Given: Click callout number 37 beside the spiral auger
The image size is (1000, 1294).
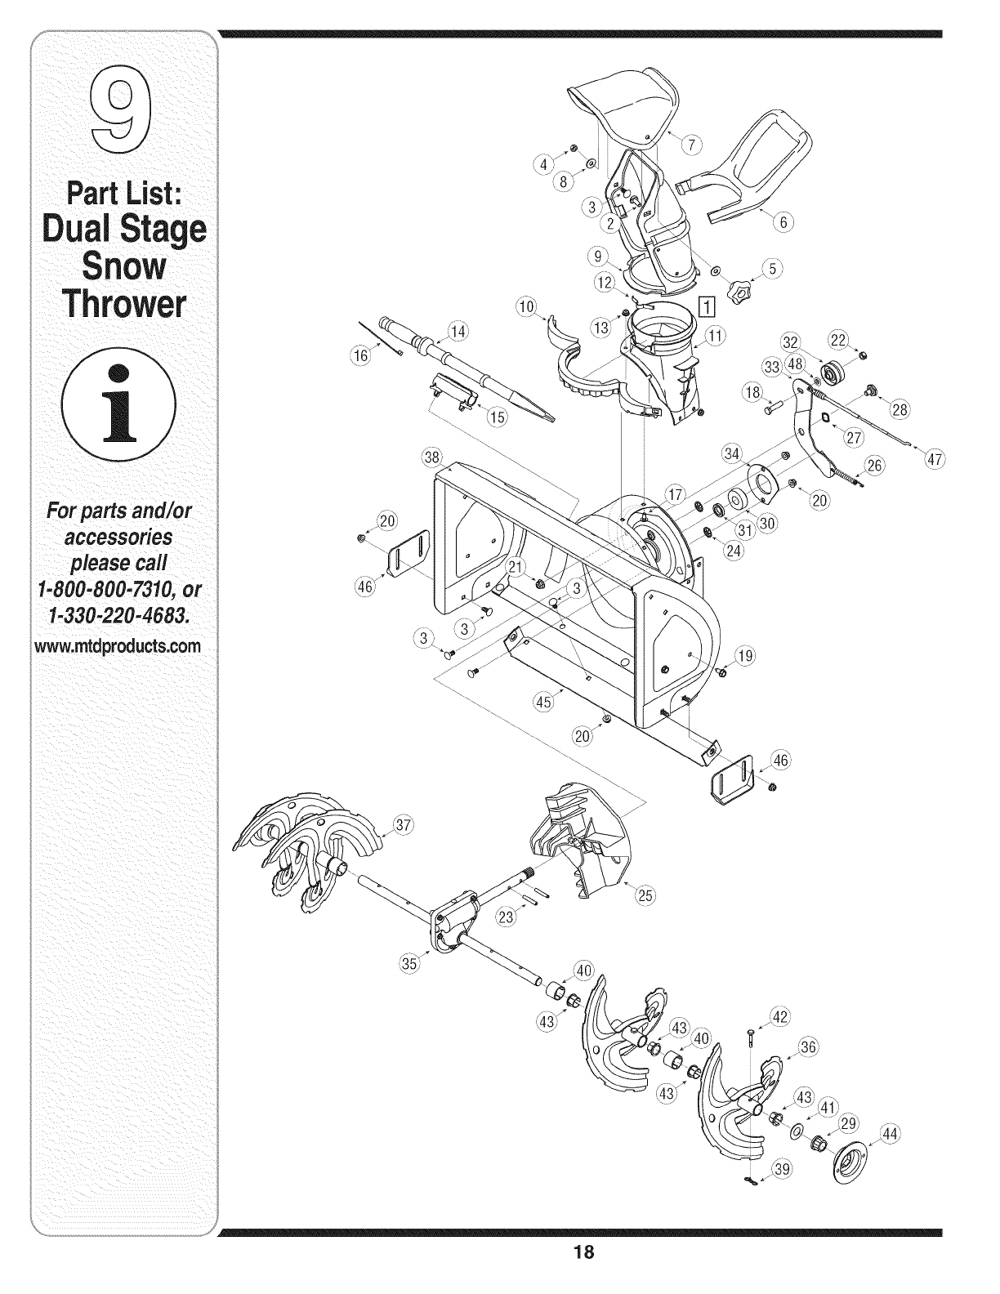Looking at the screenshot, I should coord(402,823).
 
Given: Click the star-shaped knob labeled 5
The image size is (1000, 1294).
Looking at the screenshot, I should coord(740,290).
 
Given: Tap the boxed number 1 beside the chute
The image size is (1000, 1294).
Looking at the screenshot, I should coord(708,306).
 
